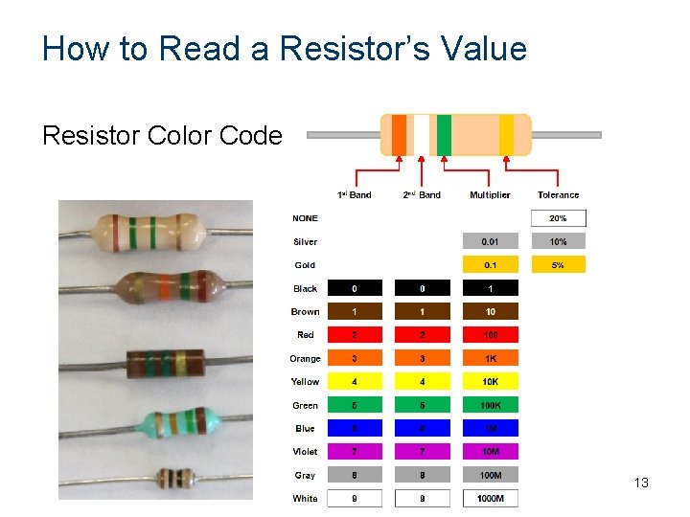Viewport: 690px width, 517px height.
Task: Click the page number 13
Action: click(x=641, y=483)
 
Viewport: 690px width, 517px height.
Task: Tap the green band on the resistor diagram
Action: click(x=444, y=134)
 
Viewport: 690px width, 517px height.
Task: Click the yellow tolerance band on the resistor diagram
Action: click(x=506, y=134)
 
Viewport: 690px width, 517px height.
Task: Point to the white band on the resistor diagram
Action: click(x=421, y=134)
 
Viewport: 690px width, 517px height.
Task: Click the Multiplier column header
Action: click(x=490, y=195)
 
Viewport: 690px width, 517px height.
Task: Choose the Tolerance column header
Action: click(x=558, y=195)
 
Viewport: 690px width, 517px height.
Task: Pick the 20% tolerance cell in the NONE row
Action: click(x=558, y=218)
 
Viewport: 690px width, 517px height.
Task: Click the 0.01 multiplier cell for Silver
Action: click(x=490, y=241)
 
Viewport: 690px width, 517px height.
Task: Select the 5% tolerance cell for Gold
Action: click(x=558, y=265)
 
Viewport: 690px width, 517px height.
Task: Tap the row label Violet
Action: click(x=305, y=452)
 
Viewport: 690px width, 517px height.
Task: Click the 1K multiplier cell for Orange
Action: click(x=490, y=358)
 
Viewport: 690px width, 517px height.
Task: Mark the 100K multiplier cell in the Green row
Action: click(x=490, y=405)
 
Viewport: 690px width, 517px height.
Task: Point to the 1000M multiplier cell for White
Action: click(x=490, y=498)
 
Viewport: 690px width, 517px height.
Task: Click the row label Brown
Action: click(x=305, y=312)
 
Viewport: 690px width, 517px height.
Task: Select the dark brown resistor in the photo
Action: click(x=166, y=364)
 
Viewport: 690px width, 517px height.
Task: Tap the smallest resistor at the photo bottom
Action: click(x=175, y=478)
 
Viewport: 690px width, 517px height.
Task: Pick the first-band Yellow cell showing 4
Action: click(x=355, y=382)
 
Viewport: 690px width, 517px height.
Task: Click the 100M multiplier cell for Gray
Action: click(x=490, y=475)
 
